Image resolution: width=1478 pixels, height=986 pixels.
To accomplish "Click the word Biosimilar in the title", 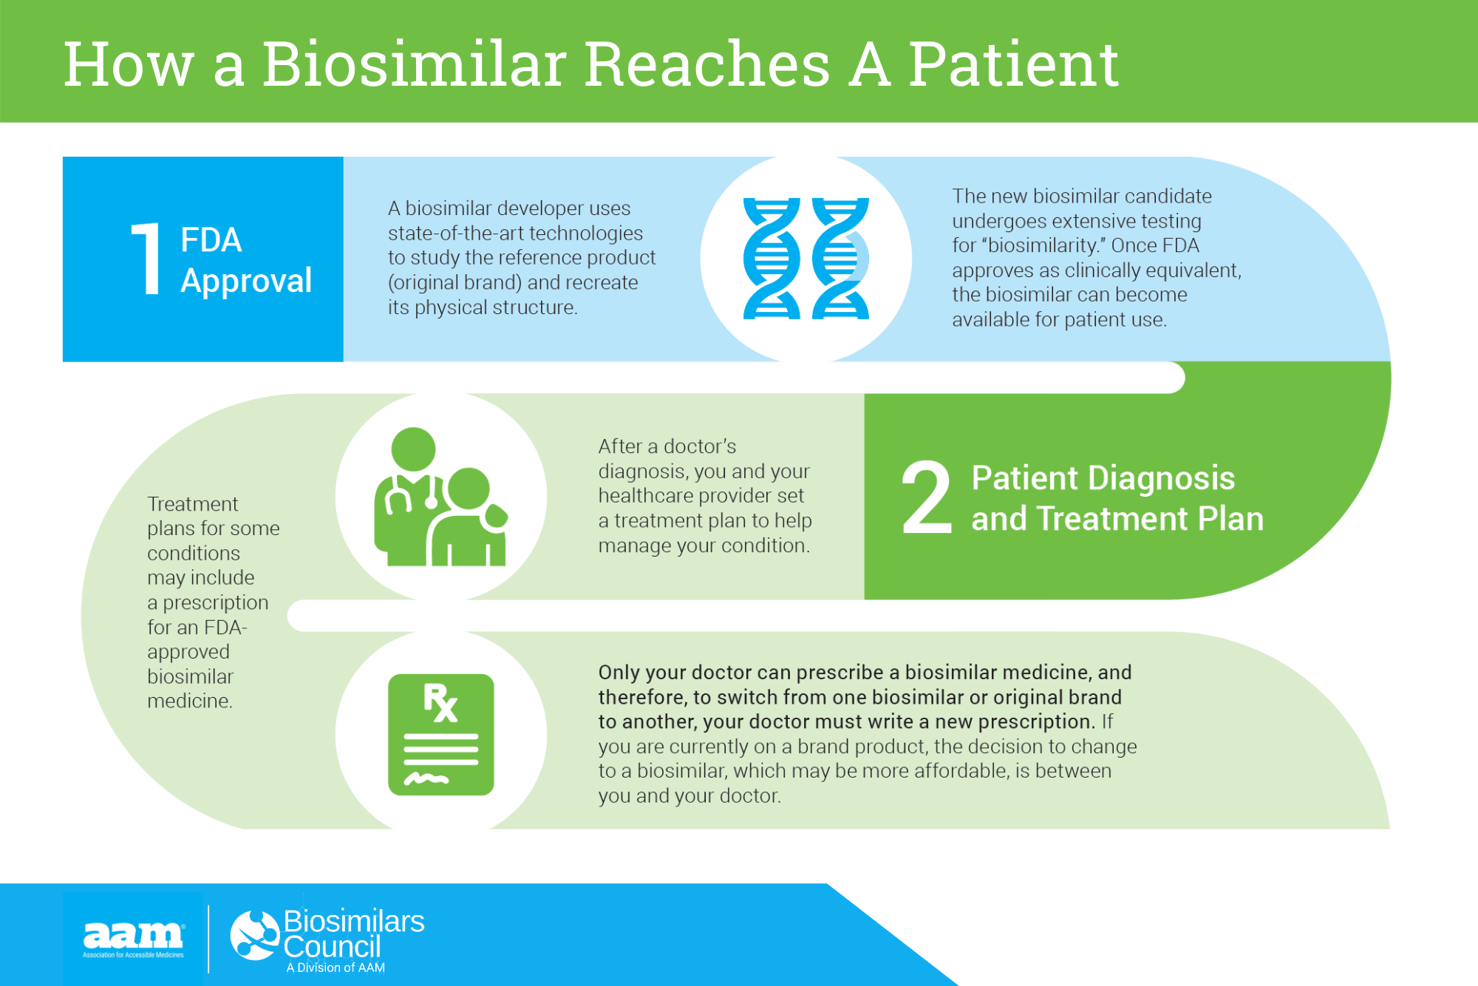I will coord(415,65).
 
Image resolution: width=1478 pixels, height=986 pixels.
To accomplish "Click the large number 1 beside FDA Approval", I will coord(147,259).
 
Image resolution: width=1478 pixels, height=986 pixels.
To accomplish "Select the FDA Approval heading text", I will coord(245,260).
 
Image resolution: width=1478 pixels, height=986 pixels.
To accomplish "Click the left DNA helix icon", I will coord(771,259).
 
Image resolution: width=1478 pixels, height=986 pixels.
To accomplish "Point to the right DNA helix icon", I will coord(840,259).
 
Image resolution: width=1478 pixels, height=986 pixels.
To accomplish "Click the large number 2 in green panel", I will coord(926,497).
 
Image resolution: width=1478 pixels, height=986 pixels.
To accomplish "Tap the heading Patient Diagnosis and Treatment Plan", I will coord(1116,498).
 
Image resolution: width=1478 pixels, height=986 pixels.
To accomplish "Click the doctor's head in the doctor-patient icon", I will coord(413,449).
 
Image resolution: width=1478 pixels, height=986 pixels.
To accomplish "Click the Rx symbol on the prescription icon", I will coord(440,702).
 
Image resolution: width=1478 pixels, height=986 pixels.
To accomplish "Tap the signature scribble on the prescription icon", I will coord(426,778).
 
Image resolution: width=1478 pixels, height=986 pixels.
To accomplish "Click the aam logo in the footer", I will coord(133,937).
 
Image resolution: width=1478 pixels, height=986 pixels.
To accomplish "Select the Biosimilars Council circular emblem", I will coord(254,935).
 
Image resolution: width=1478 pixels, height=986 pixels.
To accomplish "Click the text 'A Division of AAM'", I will coord(336,968).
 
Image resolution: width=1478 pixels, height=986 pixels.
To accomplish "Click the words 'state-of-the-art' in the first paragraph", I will coord(456,234).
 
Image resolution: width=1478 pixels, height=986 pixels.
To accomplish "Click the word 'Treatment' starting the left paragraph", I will coord(192,504).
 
